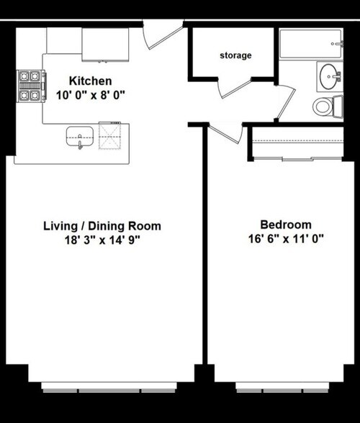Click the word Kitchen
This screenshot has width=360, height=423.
[90, 81]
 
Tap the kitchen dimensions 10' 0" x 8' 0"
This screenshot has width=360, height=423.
[91, 95]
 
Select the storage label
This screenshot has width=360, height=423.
[235, 55]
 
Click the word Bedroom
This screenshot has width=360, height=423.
[286, 224]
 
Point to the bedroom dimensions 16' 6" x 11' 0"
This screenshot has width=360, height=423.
[286, 239]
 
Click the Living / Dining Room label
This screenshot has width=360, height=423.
[102, 226]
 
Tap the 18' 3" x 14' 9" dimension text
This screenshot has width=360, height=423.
[102, 240]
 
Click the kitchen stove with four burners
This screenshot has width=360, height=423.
[31, 86]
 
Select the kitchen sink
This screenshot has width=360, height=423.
[80, 137]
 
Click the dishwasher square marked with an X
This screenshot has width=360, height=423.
[109, 136]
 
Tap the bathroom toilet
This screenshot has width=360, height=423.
[328, 106]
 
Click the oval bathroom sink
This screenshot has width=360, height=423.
[330, 76]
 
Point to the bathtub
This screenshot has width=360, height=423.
[311, 44]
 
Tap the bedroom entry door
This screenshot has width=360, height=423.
[225, 135]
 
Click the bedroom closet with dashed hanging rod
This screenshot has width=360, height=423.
[298, 143]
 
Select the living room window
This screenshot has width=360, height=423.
[109, 387]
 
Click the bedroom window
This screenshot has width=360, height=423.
[282, 387]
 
